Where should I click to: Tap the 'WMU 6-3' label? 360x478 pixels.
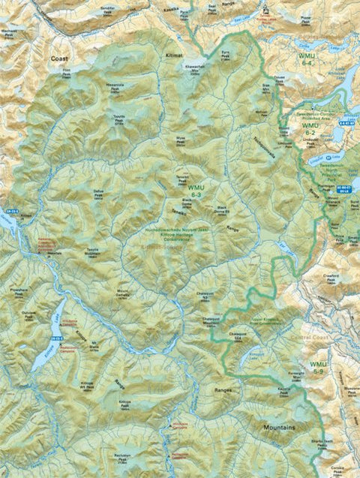point(196,191)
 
